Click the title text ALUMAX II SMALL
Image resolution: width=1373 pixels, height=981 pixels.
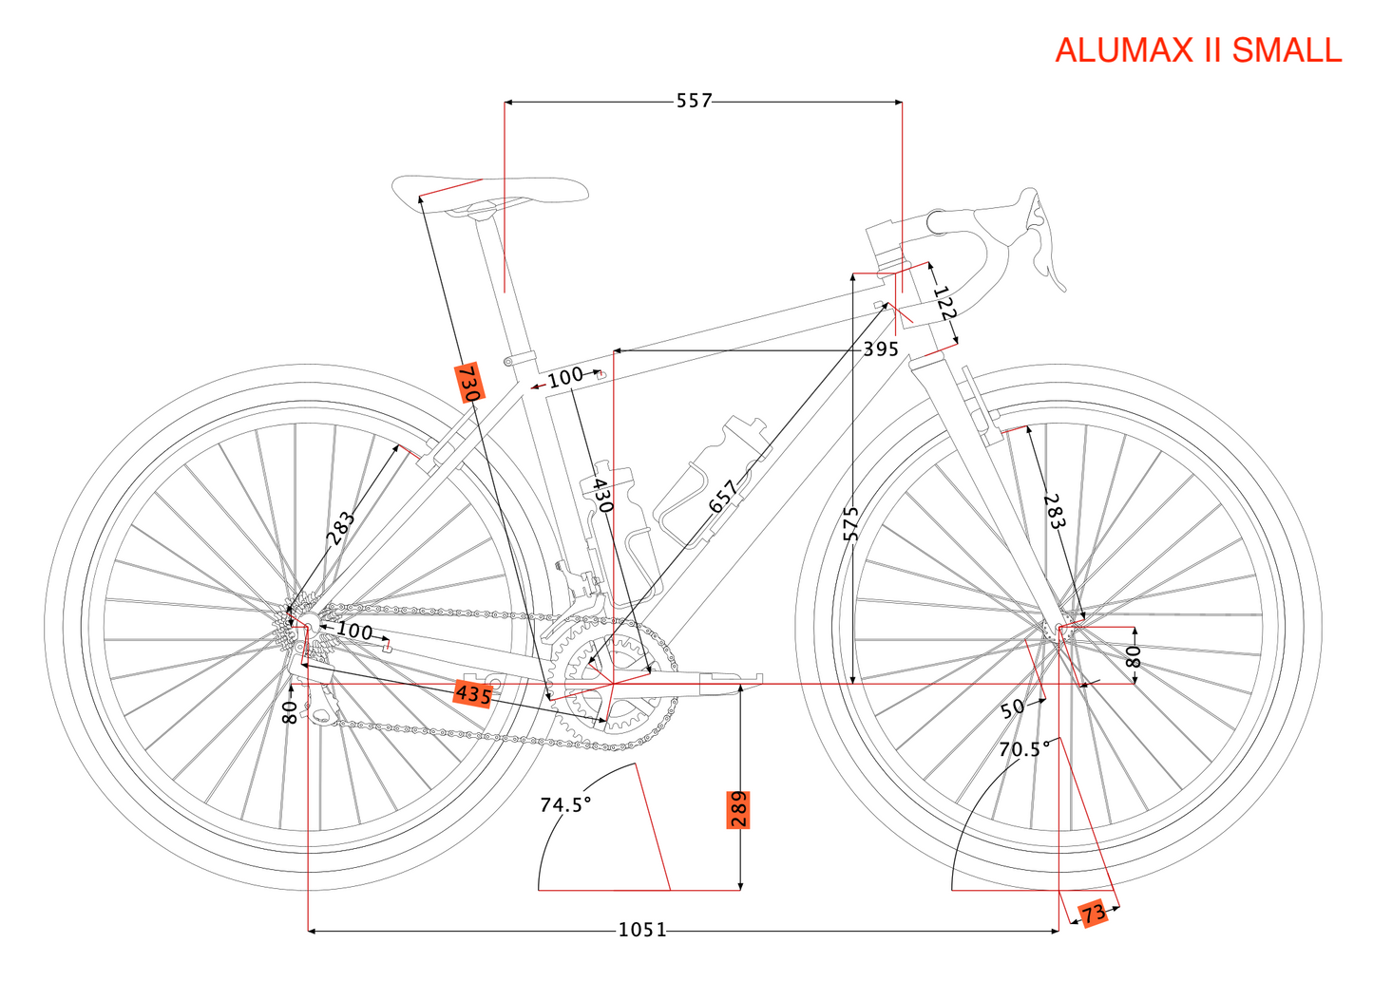point(1197,50)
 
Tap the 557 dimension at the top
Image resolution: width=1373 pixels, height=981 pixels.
point(694,101)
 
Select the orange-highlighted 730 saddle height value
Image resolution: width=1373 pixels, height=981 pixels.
point(469,382)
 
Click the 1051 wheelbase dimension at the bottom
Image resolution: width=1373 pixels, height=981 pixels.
point(642,930)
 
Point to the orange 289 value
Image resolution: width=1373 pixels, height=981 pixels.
point(738,809)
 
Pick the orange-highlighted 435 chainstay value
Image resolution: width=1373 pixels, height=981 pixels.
point(473,694)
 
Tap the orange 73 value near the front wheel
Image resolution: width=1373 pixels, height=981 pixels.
point(1094,914)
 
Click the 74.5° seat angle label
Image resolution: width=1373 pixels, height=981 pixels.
point(565,804)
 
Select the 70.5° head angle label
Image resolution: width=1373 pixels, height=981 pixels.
point(1023,749)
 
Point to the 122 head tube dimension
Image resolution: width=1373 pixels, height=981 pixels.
point(944,302)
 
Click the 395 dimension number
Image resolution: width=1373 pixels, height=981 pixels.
point(881,349)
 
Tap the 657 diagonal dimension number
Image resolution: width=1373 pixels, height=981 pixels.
point(723,497)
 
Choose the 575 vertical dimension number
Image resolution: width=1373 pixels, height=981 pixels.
point(851,523)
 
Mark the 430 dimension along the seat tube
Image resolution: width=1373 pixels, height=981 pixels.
point(601,495)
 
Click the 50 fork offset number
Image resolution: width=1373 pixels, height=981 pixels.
point(1012,707)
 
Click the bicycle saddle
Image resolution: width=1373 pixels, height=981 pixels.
point(489,190)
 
